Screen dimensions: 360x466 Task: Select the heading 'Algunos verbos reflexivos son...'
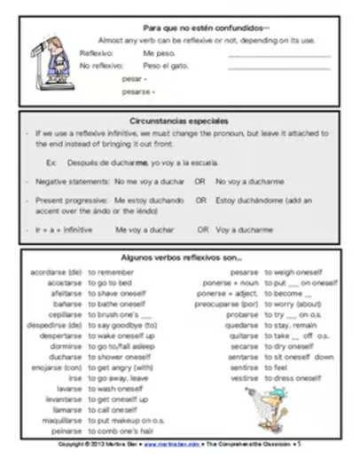(x=180, y=258)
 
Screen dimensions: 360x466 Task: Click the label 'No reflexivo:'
(x=100, y=66)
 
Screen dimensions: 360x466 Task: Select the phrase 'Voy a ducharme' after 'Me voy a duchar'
(x=244, y=230)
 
